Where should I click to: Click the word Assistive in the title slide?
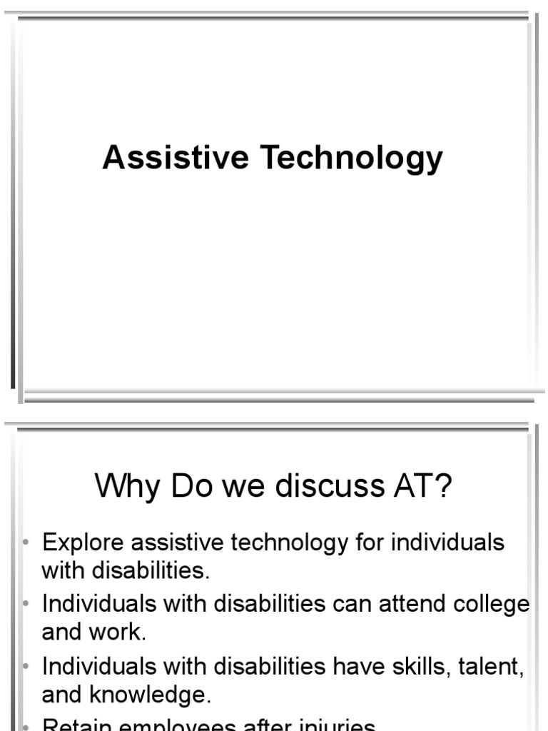click(x=176, y=157)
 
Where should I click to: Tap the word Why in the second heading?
click(x=128, y=487)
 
